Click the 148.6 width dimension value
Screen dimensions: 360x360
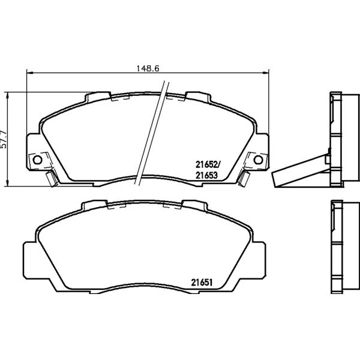coord(148,68)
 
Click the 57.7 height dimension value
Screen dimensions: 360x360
coord(4,139)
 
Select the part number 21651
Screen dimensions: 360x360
coord(202,283)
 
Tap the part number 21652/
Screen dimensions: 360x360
coord(208,164)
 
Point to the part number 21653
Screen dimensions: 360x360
coord(206,175)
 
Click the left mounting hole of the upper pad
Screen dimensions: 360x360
coord(37,160)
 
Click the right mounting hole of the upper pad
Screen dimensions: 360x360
coord(258,160)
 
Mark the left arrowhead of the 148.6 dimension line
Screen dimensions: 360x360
coord(30,73)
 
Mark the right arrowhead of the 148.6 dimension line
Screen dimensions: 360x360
coord(265,73)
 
